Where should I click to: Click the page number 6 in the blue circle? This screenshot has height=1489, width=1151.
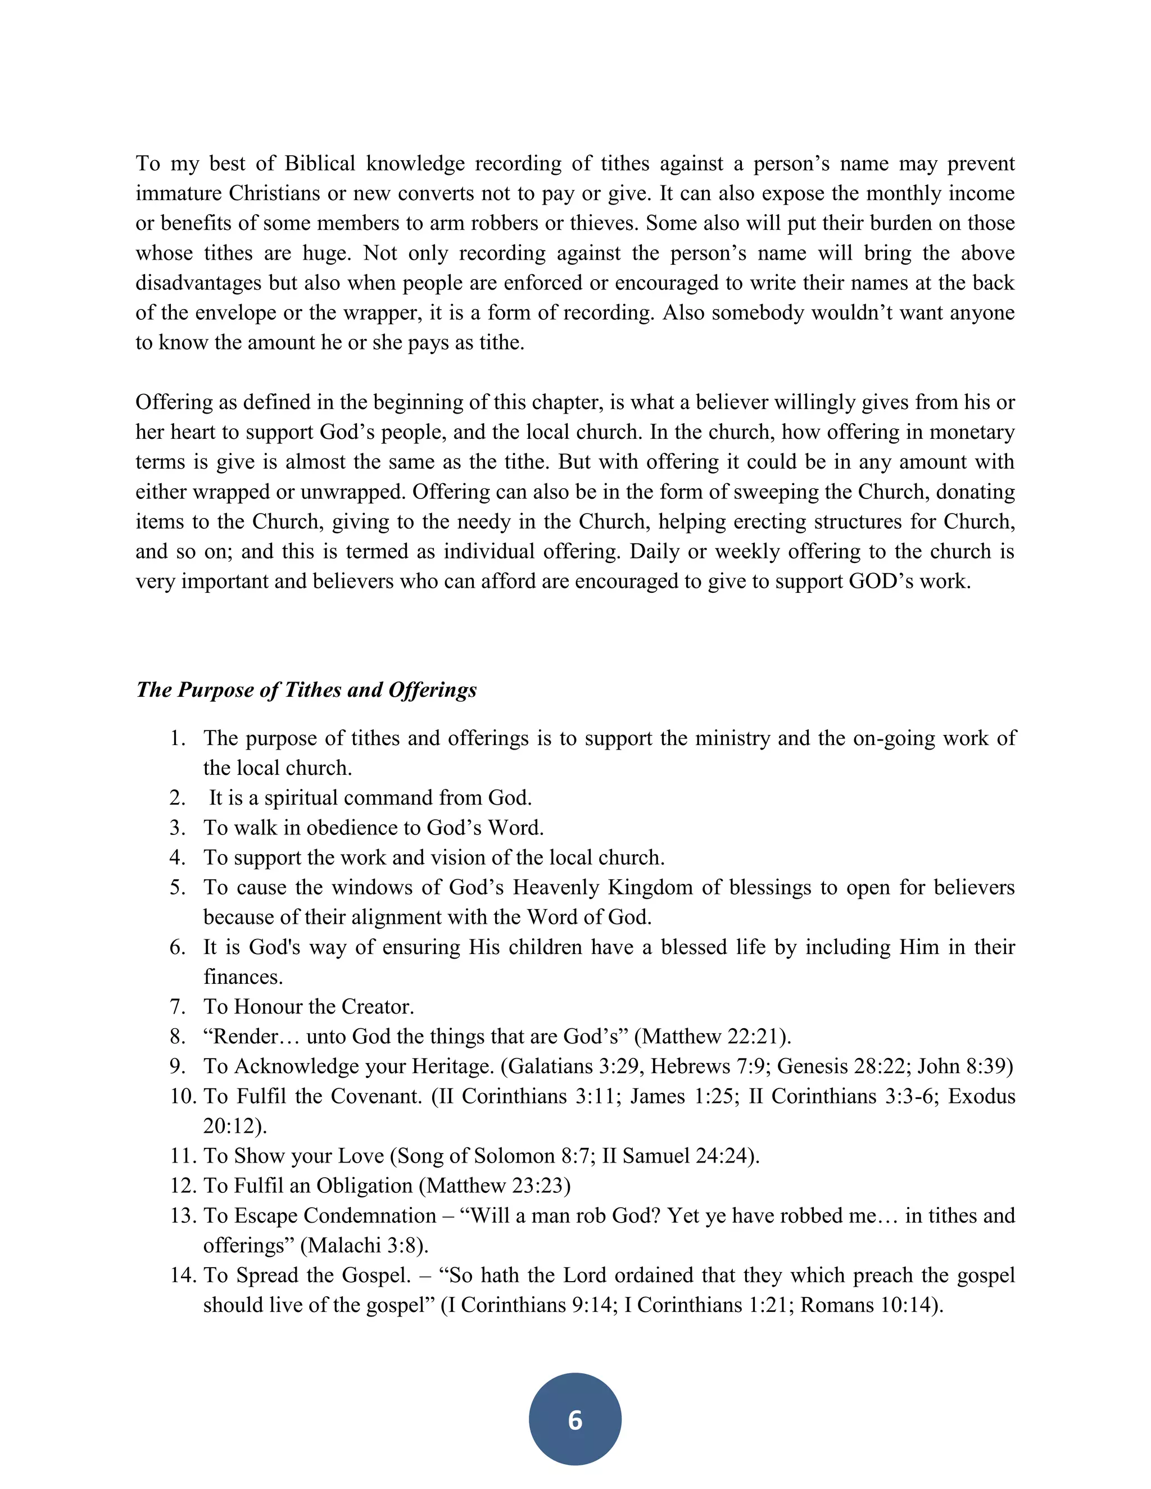click(x=575, y=1419)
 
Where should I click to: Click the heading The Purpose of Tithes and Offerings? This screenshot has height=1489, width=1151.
click(x=306, y=689)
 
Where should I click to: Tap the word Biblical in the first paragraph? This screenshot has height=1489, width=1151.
click(x=320, y=164)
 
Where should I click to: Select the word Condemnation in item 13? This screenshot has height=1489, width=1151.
click(x=370, y=1215)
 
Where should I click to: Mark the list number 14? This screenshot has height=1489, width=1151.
click(x=182, y=1275)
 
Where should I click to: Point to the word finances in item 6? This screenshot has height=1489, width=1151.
click(x=242, y=977)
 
